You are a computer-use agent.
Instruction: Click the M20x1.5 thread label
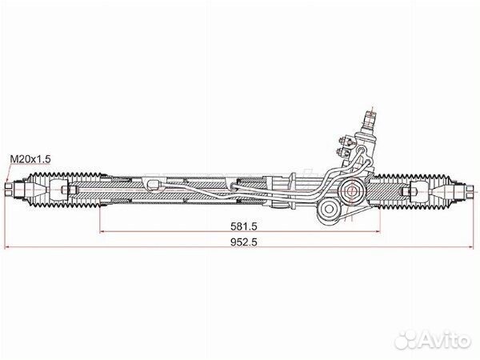(30, 159)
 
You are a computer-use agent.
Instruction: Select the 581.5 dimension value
(244, 226)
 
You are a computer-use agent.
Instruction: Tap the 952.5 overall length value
(244, 242)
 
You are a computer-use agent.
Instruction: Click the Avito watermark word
(445, 339)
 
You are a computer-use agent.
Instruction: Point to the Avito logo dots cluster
(406, 339)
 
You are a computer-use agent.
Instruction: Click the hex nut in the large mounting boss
(351, 191)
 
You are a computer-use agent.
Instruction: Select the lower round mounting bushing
(329, 209)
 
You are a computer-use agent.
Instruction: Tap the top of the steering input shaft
(370, 114)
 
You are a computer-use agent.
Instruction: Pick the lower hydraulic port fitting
(342, 151)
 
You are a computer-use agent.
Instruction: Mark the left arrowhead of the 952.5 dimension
(7, 246)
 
